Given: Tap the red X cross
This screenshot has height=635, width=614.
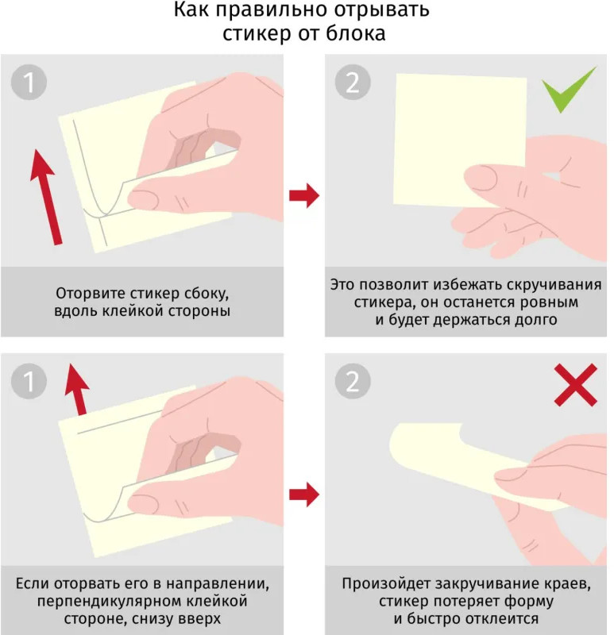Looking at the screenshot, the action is coord(576,385).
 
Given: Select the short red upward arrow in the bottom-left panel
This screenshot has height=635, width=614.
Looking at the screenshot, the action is coord(77,389).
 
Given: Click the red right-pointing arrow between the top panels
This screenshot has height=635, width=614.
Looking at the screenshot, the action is coord(304,195).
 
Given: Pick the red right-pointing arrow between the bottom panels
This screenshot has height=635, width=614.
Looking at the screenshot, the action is coord(304,495).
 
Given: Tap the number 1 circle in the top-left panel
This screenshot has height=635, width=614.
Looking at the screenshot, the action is coord(29,83).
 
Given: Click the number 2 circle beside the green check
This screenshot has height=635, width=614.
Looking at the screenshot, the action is coord(353,83).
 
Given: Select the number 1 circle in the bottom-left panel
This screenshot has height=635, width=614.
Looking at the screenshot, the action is coord(29,381).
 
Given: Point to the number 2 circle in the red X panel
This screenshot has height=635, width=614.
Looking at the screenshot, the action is coord(353,381).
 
